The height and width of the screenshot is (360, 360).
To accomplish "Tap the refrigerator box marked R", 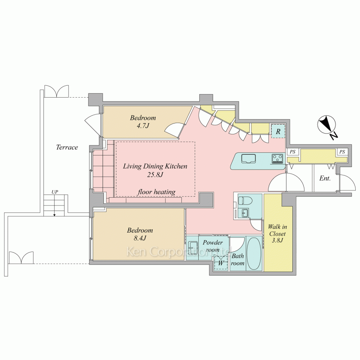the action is point(278,131).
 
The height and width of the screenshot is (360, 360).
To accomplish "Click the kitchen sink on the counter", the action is point(248,158).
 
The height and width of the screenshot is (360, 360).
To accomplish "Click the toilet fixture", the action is point(245,201).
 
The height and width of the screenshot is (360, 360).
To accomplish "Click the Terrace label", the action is point(67,147).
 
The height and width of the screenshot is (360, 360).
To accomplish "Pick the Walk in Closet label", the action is point(277,234).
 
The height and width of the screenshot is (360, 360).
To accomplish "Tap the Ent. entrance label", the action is point(325,178).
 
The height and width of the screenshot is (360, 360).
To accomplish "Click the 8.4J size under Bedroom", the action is point(140,238).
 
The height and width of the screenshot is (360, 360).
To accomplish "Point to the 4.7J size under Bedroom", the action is point(143,126).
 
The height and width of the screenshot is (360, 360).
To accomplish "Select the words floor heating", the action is point(156,192).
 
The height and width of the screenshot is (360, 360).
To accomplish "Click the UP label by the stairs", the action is point(55,192).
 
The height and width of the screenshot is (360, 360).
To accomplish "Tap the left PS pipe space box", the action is point(292,152).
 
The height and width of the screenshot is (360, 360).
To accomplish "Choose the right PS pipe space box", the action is point(342,152).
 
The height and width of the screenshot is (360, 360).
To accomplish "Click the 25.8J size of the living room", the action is point(155,175).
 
